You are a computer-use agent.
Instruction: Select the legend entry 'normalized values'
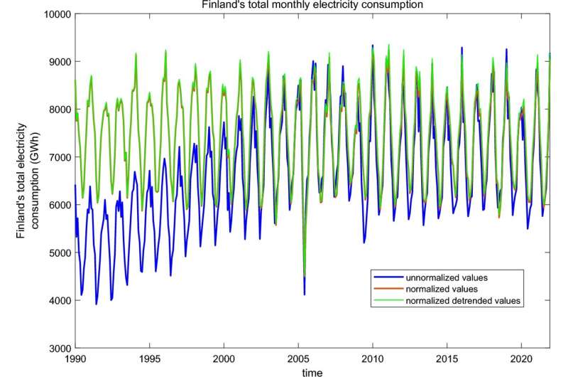click(x=442, y=290)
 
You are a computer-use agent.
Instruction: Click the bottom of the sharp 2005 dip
click(x=305, y=293)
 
